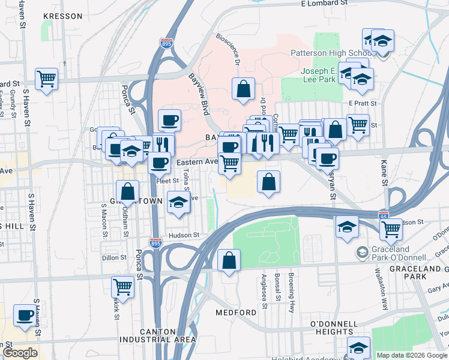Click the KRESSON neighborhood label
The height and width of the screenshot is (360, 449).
[x=63, y=16]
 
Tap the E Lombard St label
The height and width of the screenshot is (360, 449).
[x=325, y=3]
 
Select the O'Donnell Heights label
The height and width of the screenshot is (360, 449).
[x=331, y=328]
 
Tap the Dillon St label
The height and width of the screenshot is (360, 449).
[x=114, y=257]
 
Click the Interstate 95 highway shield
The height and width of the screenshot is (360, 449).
[x=384, y=215]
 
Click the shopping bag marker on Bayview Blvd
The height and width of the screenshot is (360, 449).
[x=243, y=89]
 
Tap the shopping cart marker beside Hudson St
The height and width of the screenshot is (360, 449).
[x=391, y=228]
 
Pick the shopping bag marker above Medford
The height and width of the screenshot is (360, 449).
[x=229, y=260]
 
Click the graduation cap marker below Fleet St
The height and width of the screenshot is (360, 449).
[x=178, y=202]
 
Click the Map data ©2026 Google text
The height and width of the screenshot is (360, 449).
[x=412, y=355]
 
